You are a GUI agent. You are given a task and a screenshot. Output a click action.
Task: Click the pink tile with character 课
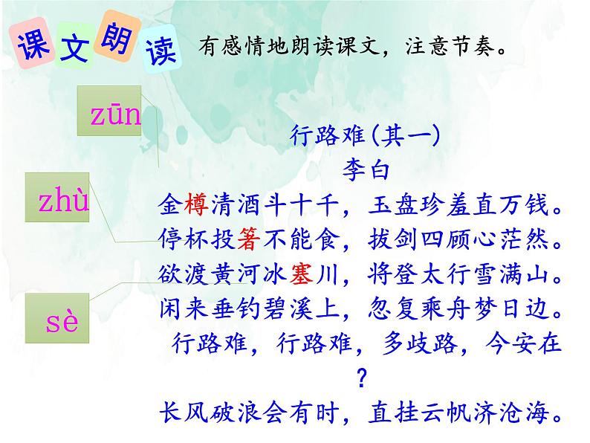(30, 46)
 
